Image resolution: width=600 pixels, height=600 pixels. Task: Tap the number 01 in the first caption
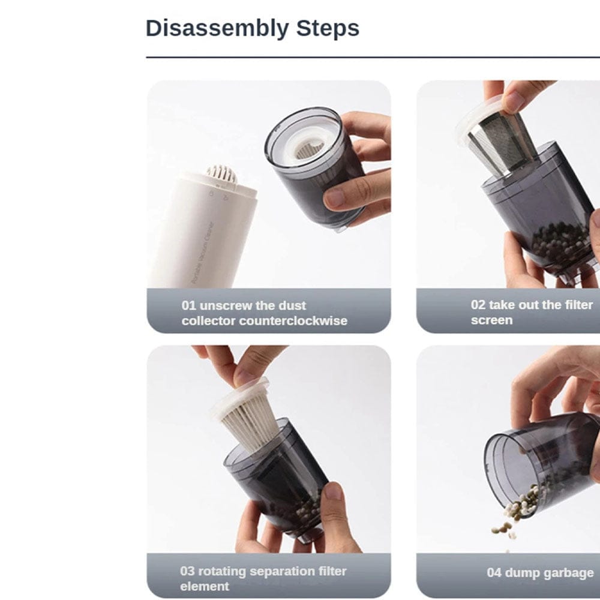click(x=189, y=305)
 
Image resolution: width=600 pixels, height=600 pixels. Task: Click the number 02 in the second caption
click(x=478, y=305)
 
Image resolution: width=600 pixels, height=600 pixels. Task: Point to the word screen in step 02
click(x=491, y=320)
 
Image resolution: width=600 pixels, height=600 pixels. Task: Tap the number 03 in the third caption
click(x=188, y=571)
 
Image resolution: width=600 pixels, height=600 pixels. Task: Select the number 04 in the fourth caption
click(x=494, y=573)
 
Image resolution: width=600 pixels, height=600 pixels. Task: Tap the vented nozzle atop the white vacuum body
click(x=221, y=174)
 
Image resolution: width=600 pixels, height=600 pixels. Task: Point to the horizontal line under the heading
click(x=372, y=58)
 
